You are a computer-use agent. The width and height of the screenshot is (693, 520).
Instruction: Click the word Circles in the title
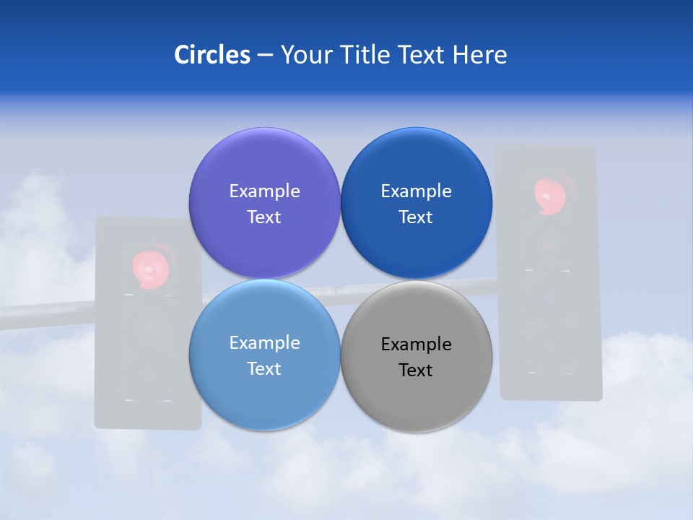(212, 55)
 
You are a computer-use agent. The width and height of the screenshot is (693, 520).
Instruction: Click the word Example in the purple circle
(264, 191)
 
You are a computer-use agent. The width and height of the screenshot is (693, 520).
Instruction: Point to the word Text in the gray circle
(416, 370)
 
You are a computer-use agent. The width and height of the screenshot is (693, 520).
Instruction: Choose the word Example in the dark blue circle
(416, 191)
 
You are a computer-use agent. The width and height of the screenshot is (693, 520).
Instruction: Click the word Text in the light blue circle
(264, 368)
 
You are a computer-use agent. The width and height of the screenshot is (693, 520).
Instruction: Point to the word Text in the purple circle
(264, 217)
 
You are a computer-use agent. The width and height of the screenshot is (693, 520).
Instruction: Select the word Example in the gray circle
(416, 344)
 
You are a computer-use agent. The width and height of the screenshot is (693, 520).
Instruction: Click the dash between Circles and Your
(265, 56)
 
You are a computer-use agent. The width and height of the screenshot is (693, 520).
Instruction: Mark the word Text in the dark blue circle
(416, 217)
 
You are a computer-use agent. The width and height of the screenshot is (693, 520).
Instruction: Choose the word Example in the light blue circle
(264, 342)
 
